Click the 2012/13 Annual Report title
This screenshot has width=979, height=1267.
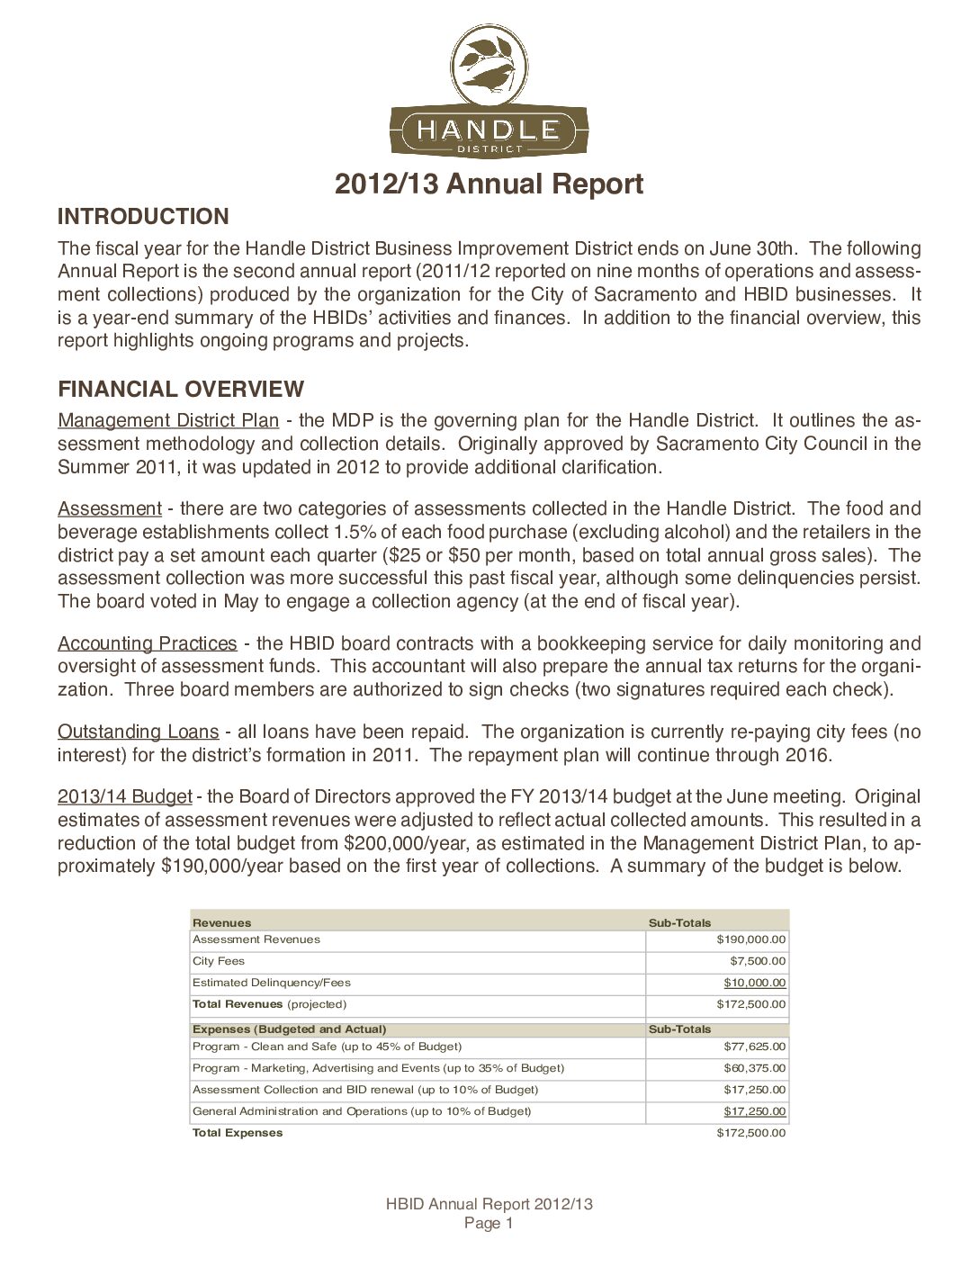(489, 184)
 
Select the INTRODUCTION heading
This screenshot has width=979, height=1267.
(143, 216)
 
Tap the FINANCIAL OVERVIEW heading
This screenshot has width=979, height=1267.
(181, 389)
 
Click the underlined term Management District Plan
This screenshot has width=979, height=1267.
(168, 420)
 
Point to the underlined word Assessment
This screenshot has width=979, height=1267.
(110, 508)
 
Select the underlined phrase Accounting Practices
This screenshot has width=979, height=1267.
(148, 643)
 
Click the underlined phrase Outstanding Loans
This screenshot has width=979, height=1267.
(139, 732)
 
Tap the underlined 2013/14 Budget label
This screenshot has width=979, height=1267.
(125, 796)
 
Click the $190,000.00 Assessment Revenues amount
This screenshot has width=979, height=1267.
(750, 939)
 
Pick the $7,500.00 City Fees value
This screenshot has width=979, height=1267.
(757, 961)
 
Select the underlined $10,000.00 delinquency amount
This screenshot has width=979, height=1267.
(754, 983)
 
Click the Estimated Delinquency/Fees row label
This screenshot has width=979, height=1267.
(272, 983)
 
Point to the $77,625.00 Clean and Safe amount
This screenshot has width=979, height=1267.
(754, 1047)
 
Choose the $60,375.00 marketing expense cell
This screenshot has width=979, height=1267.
(754, 1068)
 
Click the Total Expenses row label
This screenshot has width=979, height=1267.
(238, 1133)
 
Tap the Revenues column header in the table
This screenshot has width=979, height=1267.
(222, 922)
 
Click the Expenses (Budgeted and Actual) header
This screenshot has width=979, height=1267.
(290, 1029)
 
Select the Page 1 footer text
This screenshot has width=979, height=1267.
(489, 1224)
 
